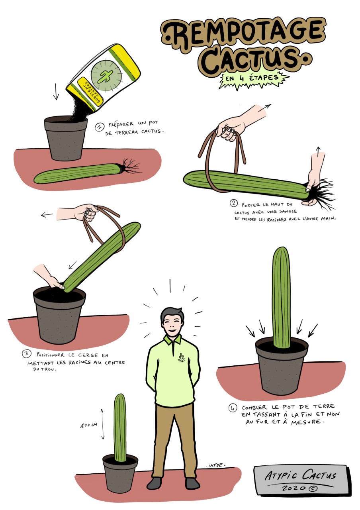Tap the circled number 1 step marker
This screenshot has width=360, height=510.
click(100, 127)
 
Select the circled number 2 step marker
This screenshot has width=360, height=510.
click(234, 203)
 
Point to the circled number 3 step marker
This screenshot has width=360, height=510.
click(27, 353)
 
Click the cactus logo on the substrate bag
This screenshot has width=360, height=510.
click(106, 76)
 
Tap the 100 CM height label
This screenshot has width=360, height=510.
click(89, 425)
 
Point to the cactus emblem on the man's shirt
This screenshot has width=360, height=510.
click(181, 358)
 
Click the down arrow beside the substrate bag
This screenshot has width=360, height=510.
click(56, 92)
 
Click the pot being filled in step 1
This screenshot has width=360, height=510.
click(66, 138)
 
